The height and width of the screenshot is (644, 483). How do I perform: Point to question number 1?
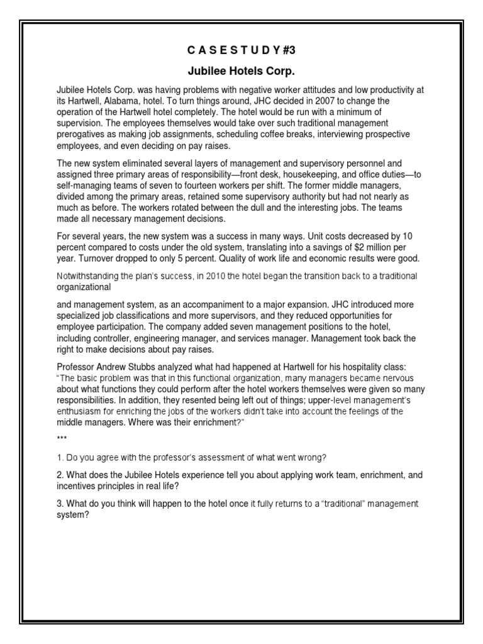click(60, 456)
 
